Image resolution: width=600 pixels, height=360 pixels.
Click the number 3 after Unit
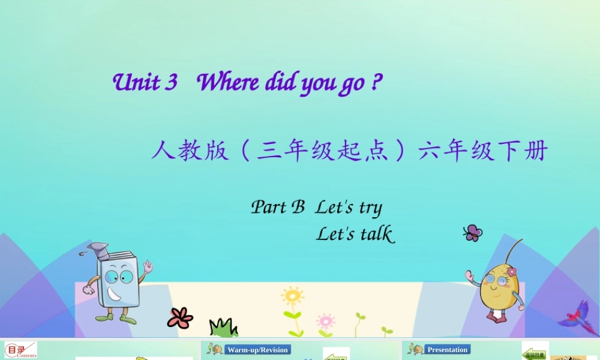170,82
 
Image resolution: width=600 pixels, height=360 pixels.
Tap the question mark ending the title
376,82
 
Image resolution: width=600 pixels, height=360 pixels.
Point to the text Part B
278,207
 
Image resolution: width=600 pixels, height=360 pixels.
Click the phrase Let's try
349,208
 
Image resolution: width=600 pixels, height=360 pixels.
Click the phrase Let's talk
355,233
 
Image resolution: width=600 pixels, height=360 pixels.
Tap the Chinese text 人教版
190,151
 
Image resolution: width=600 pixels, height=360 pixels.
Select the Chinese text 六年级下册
484,151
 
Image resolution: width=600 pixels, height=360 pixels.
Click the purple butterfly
473,233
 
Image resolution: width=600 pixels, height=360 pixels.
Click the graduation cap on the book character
98,248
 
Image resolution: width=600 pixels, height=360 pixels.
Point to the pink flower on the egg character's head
511,271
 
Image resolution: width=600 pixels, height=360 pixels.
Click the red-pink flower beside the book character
180,317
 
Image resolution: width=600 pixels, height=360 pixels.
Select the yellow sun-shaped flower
292,296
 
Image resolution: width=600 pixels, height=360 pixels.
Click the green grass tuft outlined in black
223,328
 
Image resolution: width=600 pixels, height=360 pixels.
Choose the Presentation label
447,350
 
